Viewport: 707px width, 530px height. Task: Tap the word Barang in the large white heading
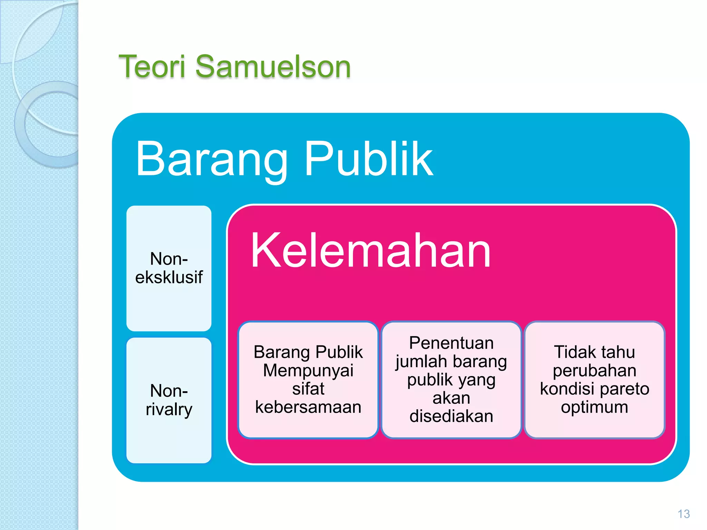(211, 159)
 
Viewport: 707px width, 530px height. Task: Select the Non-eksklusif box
(169, 268)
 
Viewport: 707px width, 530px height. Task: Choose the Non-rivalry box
(169, 400)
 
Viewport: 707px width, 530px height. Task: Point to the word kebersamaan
(308, 407)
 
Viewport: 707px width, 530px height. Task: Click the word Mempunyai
(308, 371)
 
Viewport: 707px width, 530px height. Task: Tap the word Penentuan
(451, 343)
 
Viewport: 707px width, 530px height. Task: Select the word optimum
(594, 407)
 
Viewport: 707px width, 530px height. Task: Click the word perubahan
(594, 371)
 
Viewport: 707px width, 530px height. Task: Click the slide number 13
(684, 514)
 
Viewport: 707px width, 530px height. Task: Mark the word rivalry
(169, 410)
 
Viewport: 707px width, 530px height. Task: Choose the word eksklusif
(169, 277)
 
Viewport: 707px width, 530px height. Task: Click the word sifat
(308, 389)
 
